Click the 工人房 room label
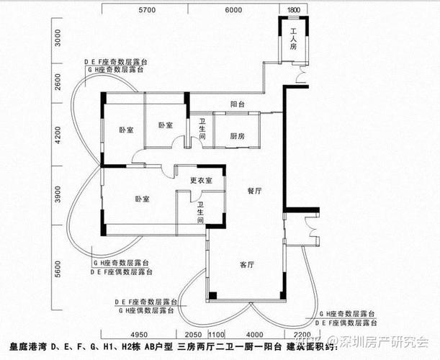[294, 38]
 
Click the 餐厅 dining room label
[253, 191]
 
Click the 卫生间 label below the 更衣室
[201, 212]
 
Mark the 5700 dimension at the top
[147, 10]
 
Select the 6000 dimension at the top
[233, 10]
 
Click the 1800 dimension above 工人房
[293, 10]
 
